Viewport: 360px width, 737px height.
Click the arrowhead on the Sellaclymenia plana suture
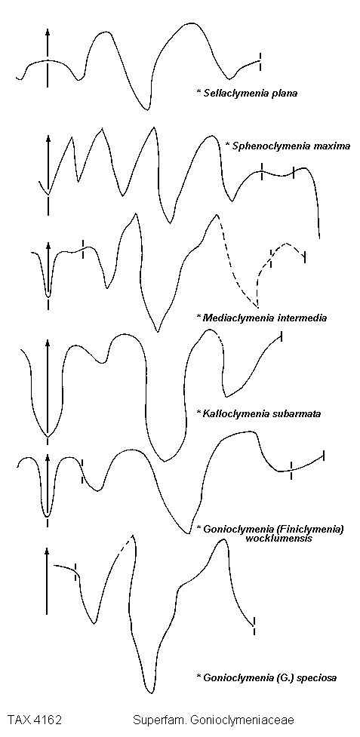coord(48,32)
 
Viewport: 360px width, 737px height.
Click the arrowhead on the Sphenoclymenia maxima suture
coord(48,139)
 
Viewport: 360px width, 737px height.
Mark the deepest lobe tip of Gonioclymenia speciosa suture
coord(150,692)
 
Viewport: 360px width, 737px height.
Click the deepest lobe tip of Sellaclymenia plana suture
coord(148,110)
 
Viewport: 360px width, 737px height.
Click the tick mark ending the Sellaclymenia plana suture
coord(260,62)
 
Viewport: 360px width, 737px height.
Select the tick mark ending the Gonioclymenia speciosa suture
coord(254,626)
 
